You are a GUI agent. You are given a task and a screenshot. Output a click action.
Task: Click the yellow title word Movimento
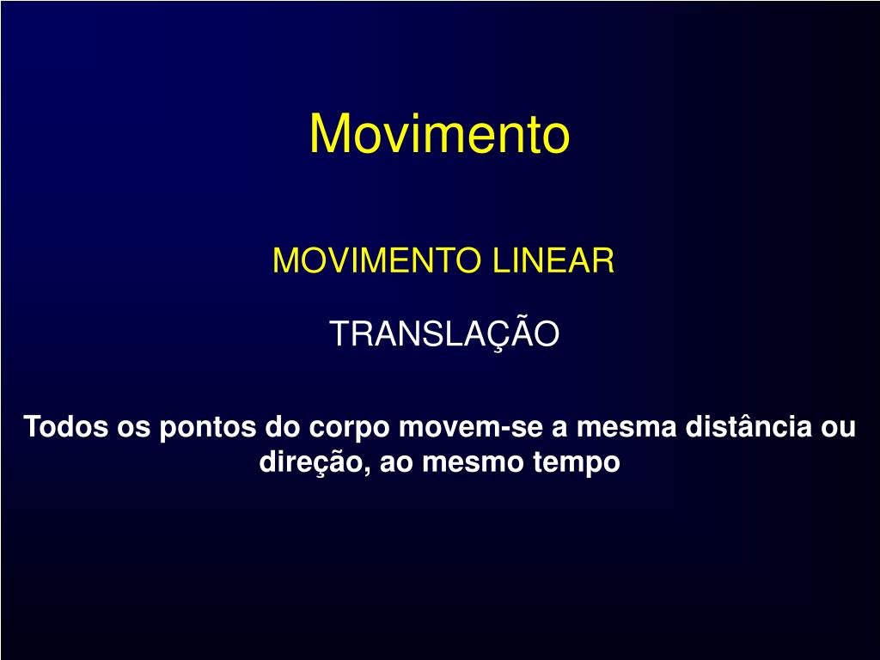click(439, 134)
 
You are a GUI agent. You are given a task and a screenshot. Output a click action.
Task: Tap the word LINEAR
click(553, 260)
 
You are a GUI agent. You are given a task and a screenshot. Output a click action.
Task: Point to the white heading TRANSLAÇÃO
click(444, 334)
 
